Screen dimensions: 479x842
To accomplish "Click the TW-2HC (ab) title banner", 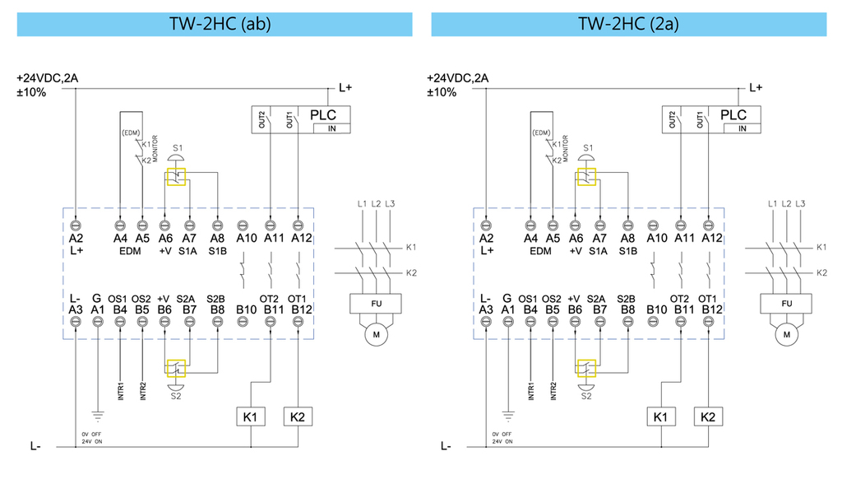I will pos(215,24).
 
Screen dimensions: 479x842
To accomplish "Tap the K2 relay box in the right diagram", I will pos(709,417).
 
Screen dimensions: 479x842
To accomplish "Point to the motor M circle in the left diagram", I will pos(376,335).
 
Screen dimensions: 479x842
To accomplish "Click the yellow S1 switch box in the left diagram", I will pos(176,177).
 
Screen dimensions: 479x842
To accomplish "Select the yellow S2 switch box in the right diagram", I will pos(586,369).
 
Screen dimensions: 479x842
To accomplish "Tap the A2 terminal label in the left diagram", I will pos(76,239).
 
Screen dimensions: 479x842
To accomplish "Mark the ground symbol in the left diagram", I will pos(98,413).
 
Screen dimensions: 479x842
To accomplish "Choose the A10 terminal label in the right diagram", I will pos(657,239).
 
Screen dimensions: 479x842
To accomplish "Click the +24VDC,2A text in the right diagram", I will pos(458,78).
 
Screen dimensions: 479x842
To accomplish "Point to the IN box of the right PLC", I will pos(743,128).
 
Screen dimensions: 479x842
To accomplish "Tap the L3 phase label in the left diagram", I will pos(391,203).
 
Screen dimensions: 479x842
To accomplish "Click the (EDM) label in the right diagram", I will pos(540,133).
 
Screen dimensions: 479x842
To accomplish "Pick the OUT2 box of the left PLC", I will pos(261,120).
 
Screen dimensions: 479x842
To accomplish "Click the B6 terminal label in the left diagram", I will pos(165,309).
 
